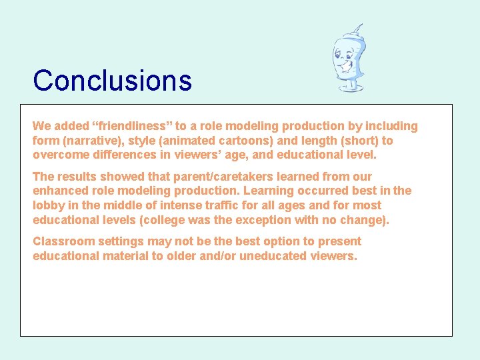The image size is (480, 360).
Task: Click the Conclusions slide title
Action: tap(112, 81)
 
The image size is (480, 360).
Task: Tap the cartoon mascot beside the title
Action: tap(349, 59)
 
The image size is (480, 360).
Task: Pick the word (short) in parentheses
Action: tap(357, 141)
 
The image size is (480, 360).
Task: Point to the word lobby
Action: tap(49, 205)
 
